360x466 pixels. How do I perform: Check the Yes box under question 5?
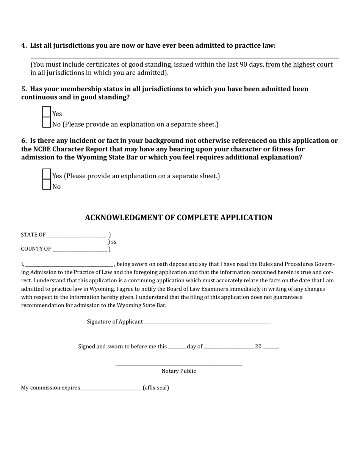46,112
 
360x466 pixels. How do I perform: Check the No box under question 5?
46,123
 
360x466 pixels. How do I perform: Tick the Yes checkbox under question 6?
46,174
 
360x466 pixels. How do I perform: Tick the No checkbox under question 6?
46,185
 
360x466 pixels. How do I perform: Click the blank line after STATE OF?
76,235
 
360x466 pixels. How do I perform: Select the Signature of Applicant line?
207,322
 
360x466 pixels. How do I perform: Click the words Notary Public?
178,371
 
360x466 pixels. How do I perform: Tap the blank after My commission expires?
111,388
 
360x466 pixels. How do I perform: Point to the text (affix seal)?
156,388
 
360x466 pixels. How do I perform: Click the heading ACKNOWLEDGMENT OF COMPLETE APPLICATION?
178,218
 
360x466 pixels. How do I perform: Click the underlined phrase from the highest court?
299,64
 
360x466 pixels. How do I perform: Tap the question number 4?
23,46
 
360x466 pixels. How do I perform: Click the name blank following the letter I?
69,264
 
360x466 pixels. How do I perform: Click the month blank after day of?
229,347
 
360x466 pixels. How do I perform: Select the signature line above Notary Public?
178,364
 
